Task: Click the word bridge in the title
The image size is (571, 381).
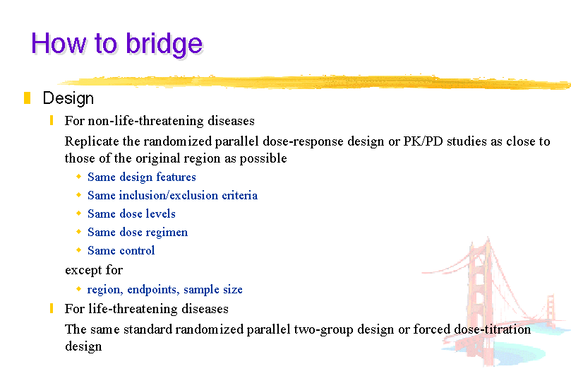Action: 164,45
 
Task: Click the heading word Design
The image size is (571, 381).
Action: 68,99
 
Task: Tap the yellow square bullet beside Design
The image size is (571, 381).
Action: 27,98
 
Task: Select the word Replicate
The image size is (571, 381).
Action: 92,141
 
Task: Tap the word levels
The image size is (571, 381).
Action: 161,213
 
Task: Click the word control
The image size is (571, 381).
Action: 137,250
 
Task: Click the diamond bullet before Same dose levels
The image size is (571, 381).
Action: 78,213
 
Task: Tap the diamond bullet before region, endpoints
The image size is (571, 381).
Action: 78,289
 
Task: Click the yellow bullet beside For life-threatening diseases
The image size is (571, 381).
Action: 52,308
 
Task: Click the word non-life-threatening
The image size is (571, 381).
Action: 145,121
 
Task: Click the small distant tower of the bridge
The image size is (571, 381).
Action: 551,309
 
